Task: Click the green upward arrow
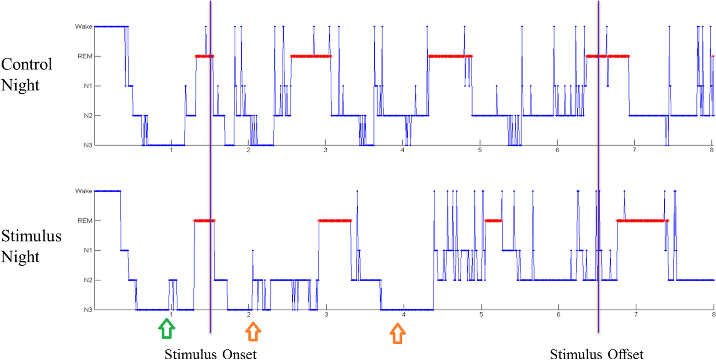(167, 329)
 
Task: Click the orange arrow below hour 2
(253, 332)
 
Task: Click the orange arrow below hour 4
(398, 334)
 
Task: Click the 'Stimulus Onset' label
(210, 354)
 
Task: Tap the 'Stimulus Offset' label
(597, 354)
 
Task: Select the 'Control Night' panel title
(27, 75)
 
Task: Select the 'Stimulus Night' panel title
(31, 246)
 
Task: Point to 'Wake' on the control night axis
(84, 27)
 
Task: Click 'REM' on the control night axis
(85, 56)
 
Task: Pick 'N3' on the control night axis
(88, 145)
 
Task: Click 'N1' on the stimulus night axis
(88, 251)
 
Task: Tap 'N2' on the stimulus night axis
(88, 280)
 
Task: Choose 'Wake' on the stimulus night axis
(84, 191)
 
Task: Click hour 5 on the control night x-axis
(480, 150)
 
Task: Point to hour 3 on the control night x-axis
(325, 150)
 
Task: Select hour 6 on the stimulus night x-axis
(559, 315)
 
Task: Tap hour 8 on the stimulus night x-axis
(713, 315)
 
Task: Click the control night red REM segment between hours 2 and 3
(311, 56)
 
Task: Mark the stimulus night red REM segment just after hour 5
(493, 221)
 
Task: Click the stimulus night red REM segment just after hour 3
(335, 221)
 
